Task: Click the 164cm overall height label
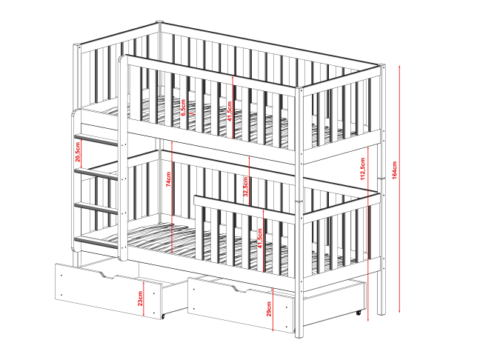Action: (x=394, y=170)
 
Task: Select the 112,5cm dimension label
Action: (x=363, y=169)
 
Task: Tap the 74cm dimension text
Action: (x=168, y=179)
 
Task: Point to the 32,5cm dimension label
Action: (x=245, y=187)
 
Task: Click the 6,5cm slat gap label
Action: (x=183, y=107)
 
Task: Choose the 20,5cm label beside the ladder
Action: (x=78, y=152)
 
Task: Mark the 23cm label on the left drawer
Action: (x=139, y=299)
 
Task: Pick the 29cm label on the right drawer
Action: (x=269, y=309)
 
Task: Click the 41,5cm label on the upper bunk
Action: (x=230, y=111)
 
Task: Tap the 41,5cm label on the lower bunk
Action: (x=260, y=238)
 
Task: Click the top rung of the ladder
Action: (x=96, y=139)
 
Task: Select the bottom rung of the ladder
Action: (x=96, y=242)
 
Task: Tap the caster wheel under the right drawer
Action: (x=359, y=313)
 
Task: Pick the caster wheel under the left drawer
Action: (x=163, y=316)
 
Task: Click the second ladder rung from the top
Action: (x=96, y=173)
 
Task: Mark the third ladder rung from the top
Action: (x=96, y=207)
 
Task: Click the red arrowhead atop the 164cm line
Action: (x=399, y=67)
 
